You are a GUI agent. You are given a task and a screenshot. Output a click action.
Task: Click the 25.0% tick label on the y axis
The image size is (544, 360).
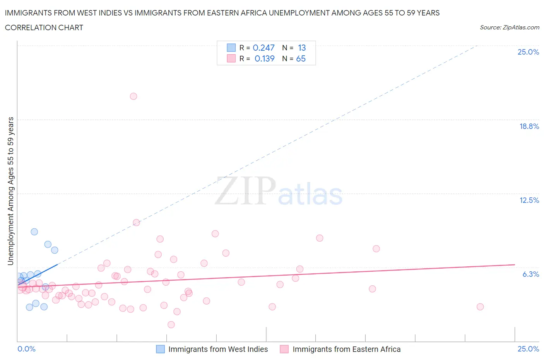pos(528,52)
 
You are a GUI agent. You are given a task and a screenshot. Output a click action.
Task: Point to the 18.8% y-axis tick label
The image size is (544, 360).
pos(529,126)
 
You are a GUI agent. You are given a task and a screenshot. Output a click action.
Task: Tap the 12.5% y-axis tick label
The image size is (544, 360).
pos(529,200)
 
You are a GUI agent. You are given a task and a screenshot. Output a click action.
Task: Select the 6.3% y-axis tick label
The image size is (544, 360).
pos(530,274)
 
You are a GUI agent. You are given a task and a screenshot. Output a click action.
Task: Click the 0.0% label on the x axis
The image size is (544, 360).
pos(26,349)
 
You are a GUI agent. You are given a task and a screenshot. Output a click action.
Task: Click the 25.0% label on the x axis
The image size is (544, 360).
pos(528,349)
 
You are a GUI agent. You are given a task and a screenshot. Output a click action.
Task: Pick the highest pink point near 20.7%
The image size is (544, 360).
pos(133,96)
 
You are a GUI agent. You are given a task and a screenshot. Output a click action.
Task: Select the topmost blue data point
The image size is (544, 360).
pos(34,232)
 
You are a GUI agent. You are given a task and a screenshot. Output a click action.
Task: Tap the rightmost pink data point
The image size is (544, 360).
pos(480,307)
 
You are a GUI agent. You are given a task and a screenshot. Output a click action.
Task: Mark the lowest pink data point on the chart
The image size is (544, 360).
pos(171,324)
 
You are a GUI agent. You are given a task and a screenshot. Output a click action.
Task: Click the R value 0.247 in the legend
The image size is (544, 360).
pos(263,48)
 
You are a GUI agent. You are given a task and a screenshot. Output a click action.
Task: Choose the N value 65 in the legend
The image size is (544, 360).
pos(301,58)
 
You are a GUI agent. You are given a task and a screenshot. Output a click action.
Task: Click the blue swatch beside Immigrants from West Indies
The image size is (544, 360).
pos(161,349)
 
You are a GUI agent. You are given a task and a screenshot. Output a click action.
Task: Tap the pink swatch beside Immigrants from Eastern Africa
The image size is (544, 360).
pos(284,349)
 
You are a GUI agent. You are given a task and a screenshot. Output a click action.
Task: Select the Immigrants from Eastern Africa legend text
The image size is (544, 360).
pos(346,349)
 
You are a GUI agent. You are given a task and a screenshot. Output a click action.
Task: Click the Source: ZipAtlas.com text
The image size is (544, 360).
pos(509,27)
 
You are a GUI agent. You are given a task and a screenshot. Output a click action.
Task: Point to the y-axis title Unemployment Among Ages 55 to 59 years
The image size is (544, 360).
pos(10,191)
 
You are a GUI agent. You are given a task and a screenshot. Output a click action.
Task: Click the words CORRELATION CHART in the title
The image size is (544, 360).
pos(44,27)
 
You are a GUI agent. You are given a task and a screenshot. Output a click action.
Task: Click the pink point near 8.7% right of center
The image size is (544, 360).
pos(320,238)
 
